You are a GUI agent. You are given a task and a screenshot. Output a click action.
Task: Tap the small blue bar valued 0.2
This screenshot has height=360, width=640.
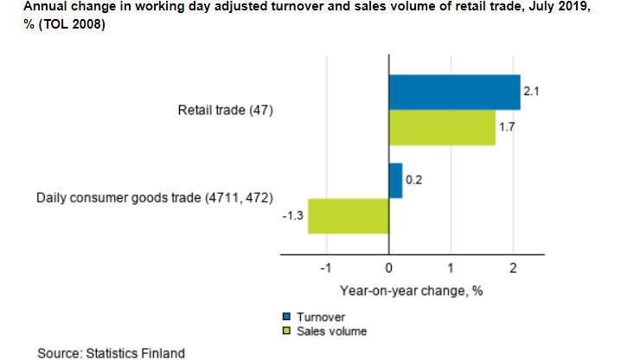pos(395,181)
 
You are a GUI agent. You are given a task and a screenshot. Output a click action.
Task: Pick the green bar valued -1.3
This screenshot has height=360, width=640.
pos(348,215)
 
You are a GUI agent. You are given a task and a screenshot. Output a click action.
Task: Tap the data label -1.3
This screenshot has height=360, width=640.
pos(292,216)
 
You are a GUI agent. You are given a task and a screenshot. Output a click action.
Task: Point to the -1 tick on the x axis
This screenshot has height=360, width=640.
pos(325,268)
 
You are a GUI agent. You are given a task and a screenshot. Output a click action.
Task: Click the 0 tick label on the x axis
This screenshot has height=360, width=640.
pos(388,268)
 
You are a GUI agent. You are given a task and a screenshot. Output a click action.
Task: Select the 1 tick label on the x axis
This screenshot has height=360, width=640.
pos(451,268)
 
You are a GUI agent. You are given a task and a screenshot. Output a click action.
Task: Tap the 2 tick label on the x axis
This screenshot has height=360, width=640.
pos(513,268)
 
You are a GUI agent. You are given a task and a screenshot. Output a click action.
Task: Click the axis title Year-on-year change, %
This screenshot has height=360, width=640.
pos(411,291)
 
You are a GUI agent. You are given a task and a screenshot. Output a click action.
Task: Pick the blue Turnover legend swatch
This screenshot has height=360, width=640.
pos(286,318)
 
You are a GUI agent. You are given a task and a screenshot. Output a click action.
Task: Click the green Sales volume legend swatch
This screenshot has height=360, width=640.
pos(286,331)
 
